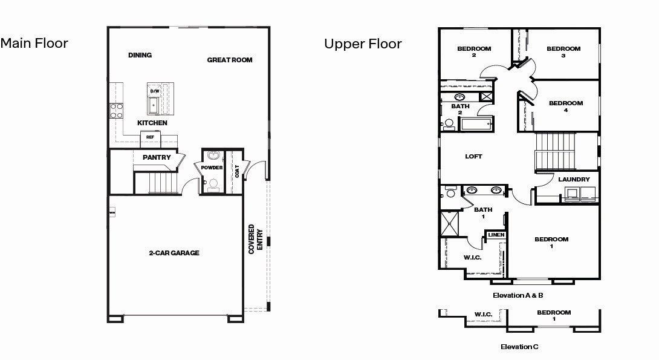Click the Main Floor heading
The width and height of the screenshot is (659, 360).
pyautogui.click(x=34, y=44)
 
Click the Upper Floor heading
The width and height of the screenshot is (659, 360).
pyautogui.click(x=363, y=44)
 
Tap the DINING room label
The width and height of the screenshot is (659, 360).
pyautogui.click(x=140, y=55)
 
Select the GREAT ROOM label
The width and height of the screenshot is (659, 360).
pyautogui.click(x=230, y=60)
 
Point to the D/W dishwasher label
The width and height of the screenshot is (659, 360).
pyautogui.click(x=155, y=91)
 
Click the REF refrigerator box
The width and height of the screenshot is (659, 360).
pyautogui.click(x=150, y=137)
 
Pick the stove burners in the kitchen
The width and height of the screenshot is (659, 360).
pyautogui.click(x=116, y=110)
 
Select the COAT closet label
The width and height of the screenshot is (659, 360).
pyautogui.click(x=238, y=171)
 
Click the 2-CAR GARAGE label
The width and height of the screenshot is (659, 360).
pyautogui.click(x=174, y=253)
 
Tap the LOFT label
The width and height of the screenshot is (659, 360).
pyautogui.click(x=473, y=157)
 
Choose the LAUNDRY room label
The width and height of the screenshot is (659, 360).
pyautogui.click(x=574, y=180)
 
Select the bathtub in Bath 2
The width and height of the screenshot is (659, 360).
pyautogui.click(x=477, y=124)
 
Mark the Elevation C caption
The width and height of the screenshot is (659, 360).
pyautogui.click(x=519, y=347)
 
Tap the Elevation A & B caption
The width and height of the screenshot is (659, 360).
pyautogui.click(x=518, y=295)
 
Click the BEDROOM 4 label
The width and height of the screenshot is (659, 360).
pyautogui.click(x=566, y=106)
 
